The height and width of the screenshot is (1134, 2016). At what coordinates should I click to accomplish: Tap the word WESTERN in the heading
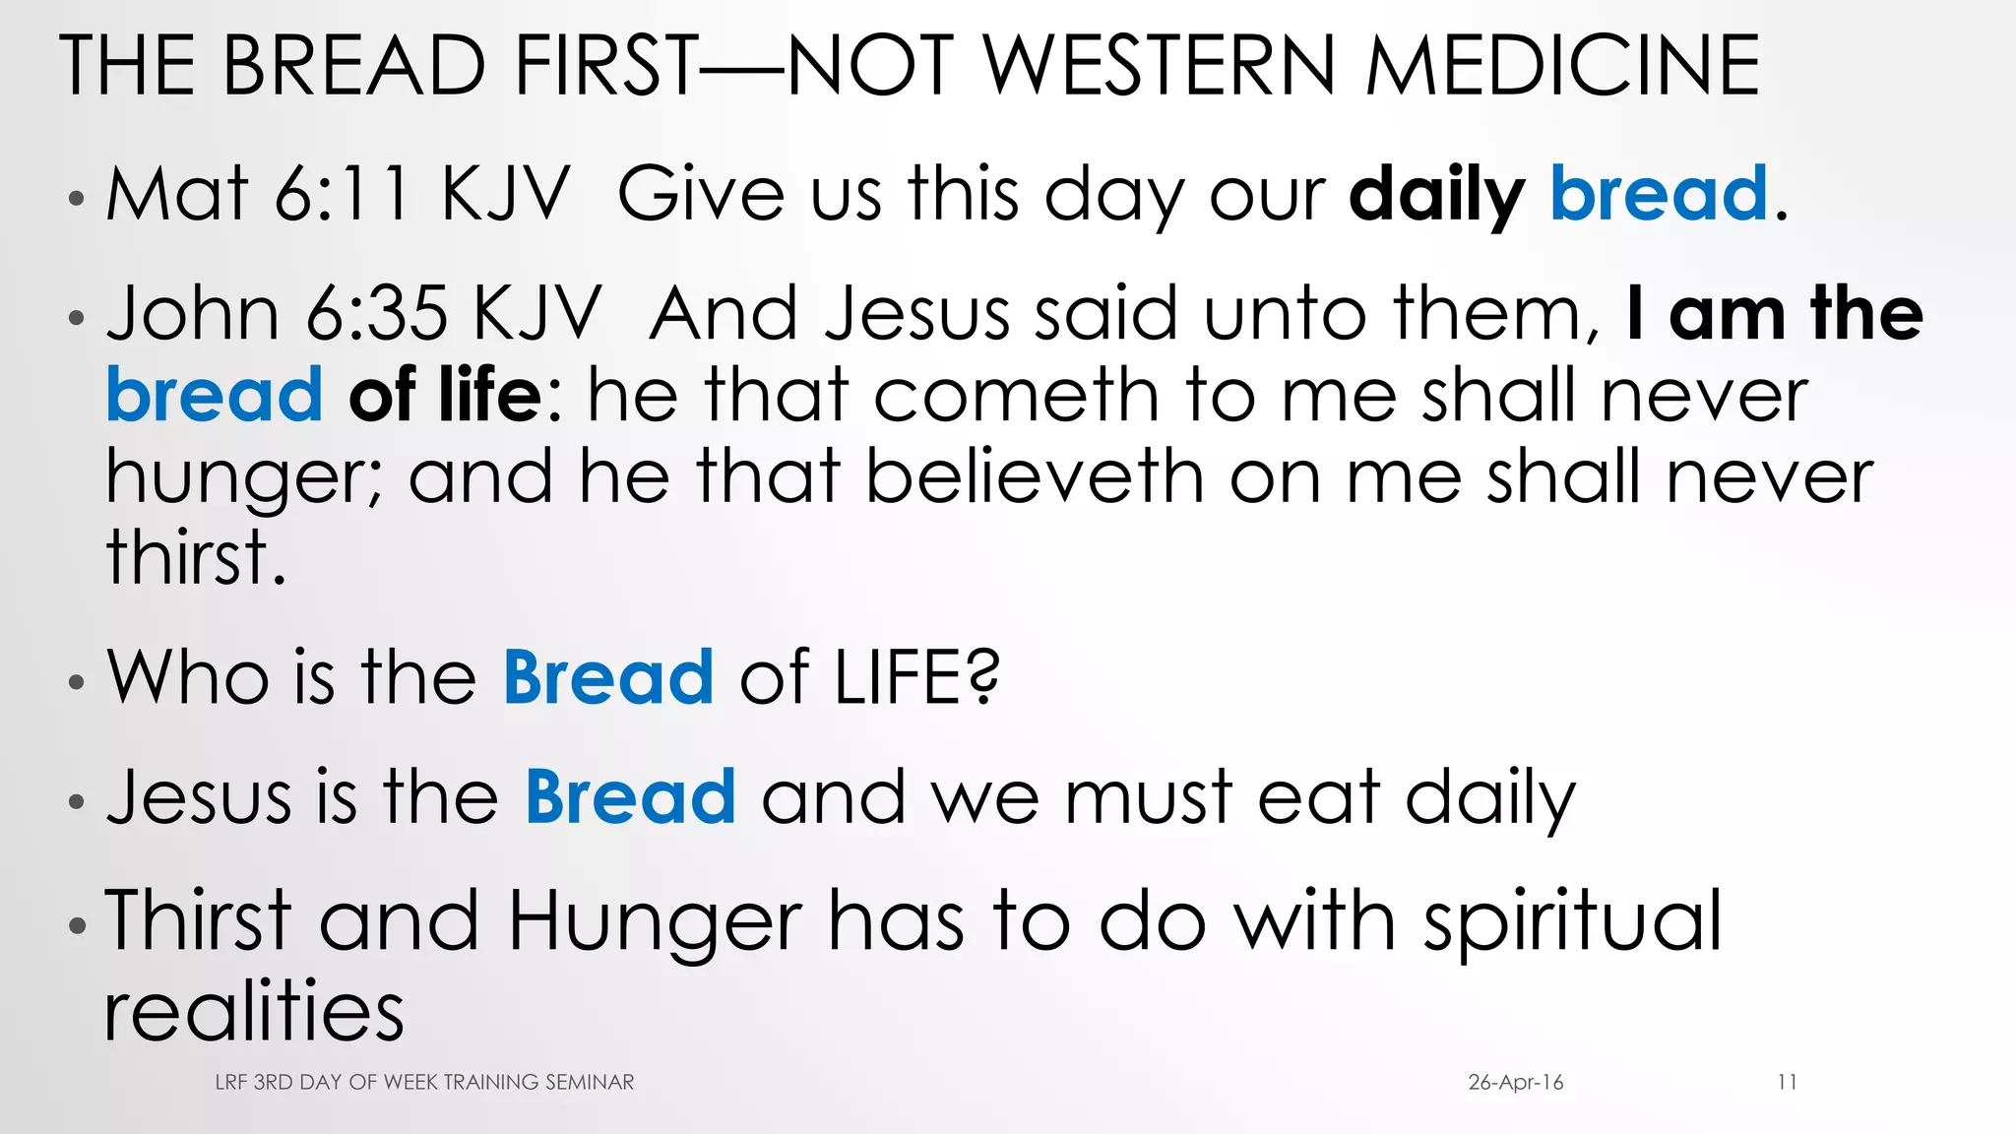(1161, 66)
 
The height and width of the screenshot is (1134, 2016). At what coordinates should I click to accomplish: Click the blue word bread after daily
(1659, 194)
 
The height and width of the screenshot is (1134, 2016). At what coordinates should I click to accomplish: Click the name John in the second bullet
(193, 314)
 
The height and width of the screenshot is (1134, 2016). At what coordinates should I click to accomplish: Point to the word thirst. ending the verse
(196, 557)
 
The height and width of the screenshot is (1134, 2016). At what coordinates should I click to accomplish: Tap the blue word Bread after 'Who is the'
(608, 677)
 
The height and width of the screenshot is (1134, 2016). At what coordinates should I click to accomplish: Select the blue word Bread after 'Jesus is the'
(630, 796)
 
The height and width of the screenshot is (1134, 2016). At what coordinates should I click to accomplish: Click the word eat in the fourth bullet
(1319, 798)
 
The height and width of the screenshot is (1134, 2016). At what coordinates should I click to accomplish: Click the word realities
(254, 1011)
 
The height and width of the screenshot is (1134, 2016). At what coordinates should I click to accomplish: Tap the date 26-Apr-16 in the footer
(1515, 1083)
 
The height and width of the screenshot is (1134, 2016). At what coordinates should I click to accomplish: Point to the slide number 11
(1787, 1083)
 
